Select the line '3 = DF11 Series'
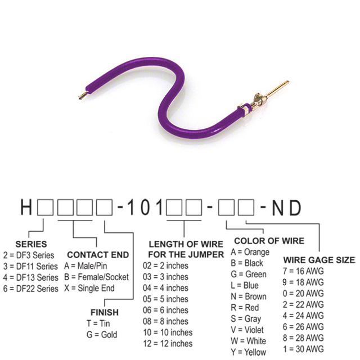pos(30,265)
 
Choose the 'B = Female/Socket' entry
pos(96,277)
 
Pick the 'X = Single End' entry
pos(89,288)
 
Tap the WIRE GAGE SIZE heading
pos(318,260)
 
